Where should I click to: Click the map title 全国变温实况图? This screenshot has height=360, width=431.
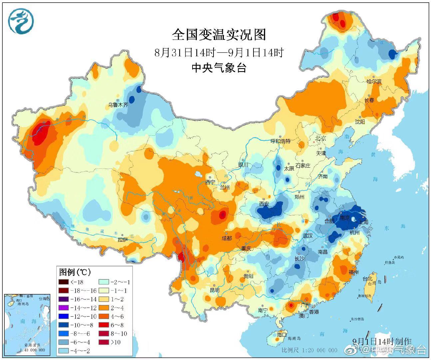pyautogui.click(x=219, y=35)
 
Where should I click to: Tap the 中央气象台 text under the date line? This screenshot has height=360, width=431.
pyautogui.click(x=219, y=68)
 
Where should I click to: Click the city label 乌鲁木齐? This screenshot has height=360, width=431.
pyautogui.click(x=118, y=105)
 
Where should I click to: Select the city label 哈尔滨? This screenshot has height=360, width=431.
pyautogui.click(x=374, y=81)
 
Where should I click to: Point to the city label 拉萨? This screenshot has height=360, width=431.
pyautogui.click(x=123, y=239)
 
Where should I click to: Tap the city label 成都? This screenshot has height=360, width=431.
pyautogui.click(x=226, y=238)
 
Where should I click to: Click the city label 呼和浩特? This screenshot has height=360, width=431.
pyautogui.click(x=280, y=141)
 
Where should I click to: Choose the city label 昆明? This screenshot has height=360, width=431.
pyautogui.click(x=215, y=290)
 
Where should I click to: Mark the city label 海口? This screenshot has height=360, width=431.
pyautogui.click(x=281, y=334)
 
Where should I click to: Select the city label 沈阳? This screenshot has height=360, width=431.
pyautogui.click(x=360, y=122)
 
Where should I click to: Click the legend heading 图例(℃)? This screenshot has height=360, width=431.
pyautogui.click(x=75, y=272)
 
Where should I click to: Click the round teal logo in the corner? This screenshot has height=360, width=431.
pyautogui.click(x=21, y=21)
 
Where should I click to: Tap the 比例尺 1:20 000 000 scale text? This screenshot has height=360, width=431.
pyautogui.click(x=309, y=350)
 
